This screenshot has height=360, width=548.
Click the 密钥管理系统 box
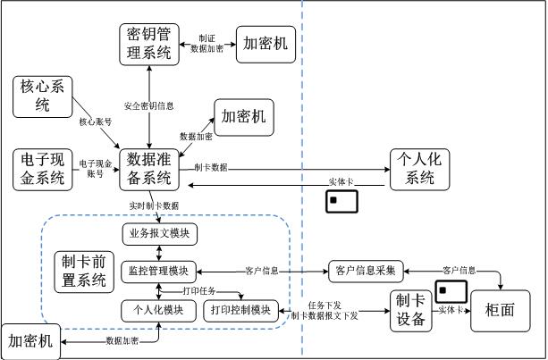pos(148,44)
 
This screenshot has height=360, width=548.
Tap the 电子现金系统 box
pos(42,169)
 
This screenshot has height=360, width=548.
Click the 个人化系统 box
pos(420,168)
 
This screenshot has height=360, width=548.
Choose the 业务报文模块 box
pos(159,234)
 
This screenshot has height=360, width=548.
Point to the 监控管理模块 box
pos(159,271)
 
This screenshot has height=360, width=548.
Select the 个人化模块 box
pos(159,310)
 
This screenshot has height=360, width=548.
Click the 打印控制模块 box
pos(241,310)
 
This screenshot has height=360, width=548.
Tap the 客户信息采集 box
pos(367,270)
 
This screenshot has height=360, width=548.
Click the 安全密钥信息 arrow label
pos(148,106)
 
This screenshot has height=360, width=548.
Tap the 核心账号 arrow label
pos(96,121)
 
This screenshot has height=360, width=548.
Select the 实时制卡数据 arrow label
pos(155,206)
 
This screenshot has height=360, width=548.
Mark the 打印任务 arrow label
pos(199,291)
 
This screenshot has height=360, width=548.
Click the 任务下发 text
pos(324,305)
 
